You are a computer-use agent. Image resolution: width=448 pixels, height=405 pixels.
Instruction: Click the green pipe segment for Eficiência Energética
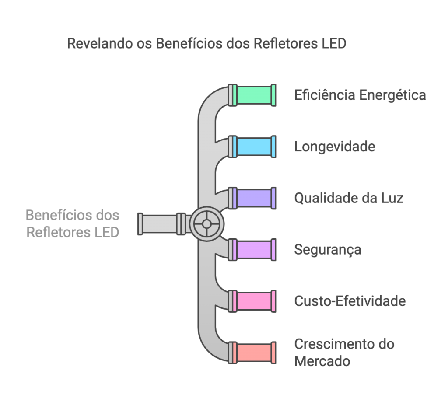[253, 95]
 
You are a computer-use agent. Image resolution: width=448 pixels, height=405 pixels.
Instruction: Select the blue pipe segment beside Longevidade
[253, 147]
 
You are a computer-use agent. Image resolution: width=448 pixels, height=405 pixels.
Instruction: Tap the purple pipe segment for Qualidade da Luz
[253, 198]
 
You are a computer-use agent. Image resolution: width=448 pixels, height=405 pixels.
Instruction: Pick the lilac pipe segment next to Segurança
[253, 249]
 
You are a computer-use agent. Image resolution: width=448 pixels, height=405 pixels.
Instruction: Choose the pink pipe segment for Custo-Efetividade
[253, 301]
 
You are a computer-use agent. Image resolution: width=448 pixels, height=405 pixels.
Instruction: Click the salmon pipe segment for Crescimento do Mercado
[253, 353]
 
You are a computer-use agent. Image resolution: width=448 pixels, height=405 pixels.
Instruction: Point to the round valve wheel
[206, 224]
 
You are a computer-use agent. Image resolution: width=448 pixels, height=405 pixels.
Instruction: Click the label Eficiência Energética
[360, 95]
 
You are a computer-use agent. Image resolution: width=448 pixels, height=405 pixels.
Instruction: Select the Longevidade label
[334, 147]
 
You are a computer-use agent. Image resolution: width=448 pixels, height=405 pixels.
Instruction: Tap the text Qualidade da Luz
[348, 198]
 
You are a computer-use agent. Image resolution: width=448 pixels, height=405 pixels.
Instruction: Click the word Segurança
[328, 249]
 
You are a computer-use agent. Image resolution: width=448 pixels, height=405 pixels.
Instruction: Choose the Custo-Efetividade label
[350, 301]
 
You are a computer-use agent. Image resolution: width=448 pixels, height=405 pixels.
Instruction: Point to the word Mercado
[322, 361]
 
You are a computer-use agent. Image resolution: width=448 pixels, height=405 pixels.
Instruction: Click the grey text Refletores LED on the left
[73, 232]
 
